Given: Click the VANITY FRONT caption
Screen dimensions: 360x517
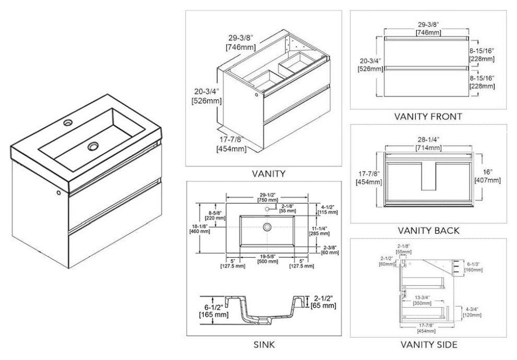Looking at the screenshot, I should point(428,117).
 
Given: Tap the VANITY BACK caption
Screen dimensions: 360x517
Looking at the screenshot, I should point(428,230).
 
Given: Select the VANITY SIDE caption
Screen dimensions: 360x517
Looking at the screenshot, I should point(428,344).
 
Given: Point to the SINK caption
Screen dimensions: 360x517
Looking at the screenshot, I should point(263,344).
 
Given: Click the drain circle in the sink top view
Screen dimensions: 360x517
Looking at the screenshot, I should point(267,227).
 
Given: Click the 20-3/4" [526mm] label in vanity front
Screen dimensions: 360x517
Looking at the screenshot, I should point(366,65).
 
